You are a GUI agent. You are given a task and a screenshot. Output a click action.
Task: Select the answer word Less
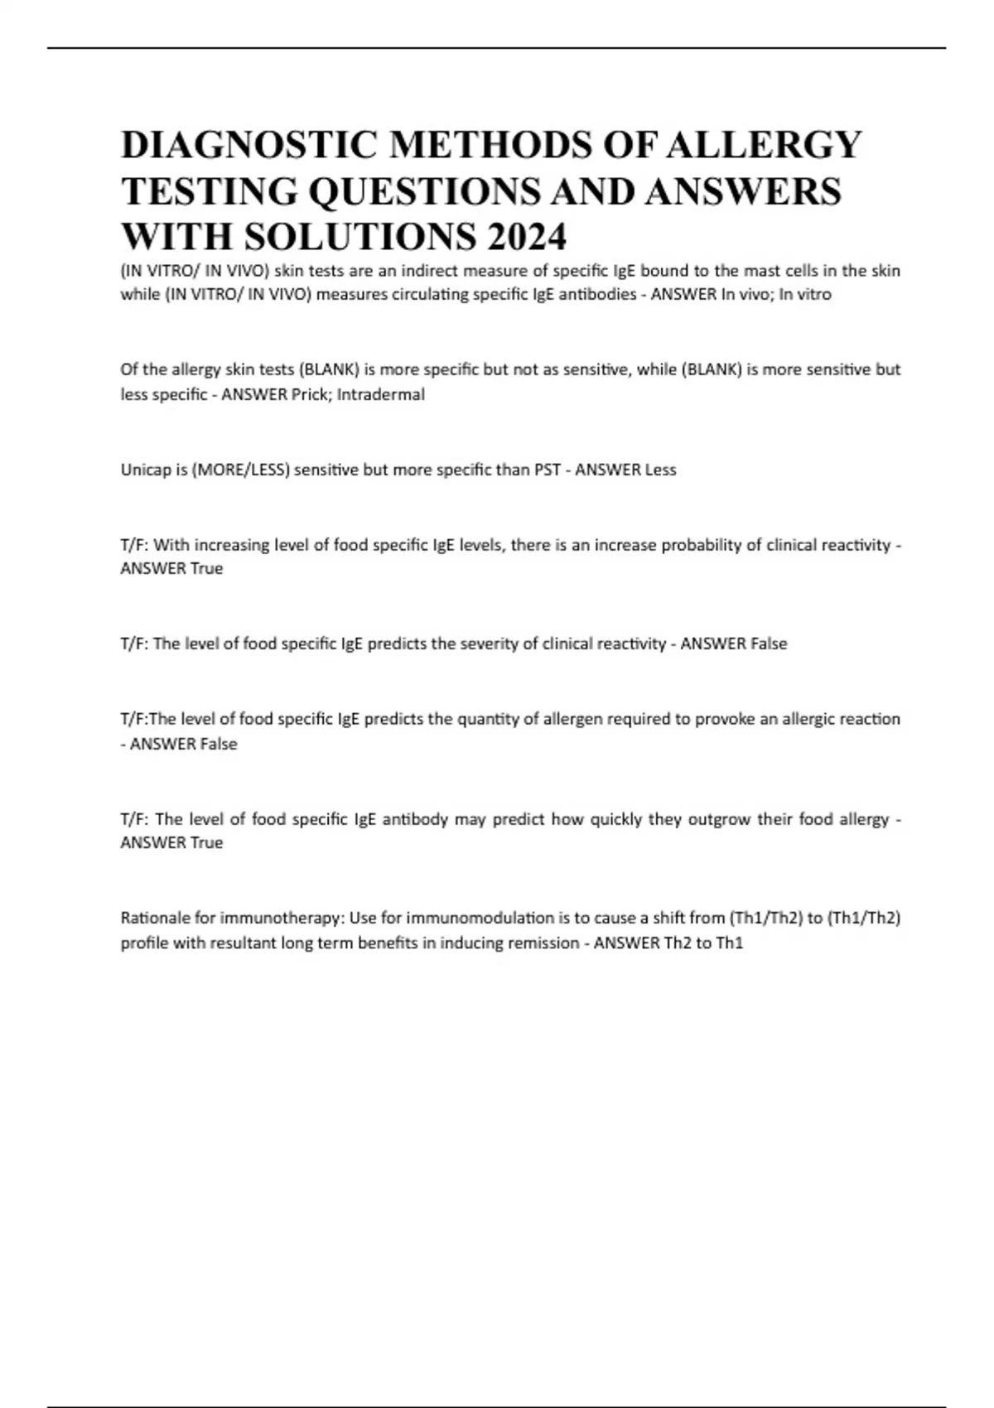coord(660,470)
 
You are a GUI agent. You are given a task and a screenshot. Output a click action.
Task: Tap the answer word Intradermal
coord(380,394)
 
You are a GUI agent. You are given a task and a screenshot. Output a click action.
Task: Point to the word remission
coord(539,943)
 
